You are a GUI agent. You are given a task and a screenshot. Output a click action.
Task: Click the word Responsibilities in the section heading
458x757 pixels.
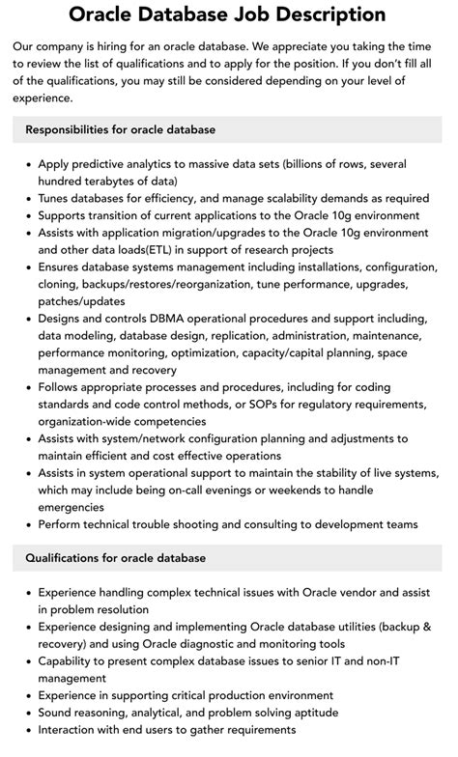click(73, 128)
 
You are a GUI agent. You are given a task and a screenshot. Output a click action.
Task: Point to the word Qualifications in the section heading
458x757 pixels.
click(67, 557)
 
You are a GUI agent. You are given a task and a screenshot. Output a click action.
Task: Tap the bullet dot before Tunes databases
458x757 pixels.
click(26, 198)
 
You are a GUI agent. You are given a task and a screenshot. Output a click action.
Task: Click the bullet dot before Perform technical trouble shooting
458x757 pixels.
click(26, 524)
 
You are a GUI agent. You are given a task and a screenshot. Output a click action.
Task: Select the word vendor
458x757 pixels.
click(335, 592)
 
